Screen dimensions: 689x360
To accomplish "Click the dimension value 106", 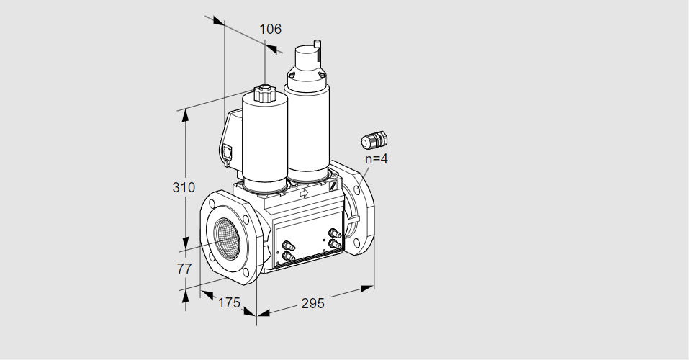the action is (x=270, y=29).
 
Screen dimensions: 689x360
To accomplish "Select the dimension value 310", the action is (x=184, y=187).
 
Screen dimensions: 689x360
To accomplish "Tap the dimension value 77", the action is (x=184, y=268).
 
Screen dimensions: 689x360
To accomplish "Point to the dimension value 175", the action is (x=229, y=302).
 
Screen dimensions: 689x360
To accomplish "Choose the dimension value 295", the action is (x=312, y=303).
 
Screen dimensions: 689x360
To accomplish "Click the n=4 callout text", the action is (x=377, y=158).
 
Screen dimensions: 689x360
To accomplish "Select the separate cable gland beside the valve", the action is (x=374, y=140).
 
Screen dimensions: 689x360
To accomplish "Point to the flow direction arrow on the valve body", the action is (x=304, y=192).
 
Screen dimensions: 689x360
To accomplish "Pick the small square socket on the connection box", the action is (x=228, y=152).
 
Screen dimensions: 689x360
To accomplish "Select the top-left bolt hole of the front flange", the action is (x=213, y=204).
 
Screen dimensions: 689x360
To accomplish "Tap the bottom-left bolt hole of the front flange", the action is (x=212, y=257).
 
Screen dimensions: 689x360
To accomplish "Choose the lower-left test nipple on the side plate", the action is (x=288, y=256).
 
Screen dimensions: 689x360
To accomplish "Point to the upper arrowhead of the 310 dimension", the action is (x=185, y=115).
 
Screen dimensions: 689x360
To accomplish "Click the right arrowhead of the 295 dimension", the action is (x=367, y=289).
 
